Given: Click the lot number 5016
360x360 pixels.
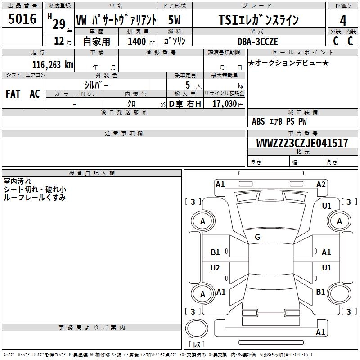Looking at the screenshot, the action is pyautogui.click(x=22, y=19).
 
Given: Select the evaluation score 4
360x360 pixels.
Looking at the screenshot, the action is pyautogui.click(x=343, y=20).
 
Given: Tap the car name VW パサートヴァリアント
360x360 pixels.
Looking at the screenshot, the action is pyautogui.click(x=116, y=20).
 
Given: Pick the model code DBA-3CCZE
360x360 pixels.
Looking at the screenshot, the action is pyautogui.click(x=258, y=41).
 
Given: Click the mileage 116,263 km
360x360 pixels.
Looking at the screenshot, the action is pyautogui.click(x=53, y=64).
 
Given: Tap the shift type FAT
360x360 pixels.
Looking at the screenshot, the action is pyautogui.click(x=13, y=94).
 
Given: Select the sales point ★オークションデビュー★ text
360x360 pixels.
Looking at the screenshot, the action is pyautogui.click(x=288, y=63).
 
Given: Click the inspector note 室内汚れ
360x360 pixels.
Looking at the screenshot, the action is pyautogui.click(x=18, y=181).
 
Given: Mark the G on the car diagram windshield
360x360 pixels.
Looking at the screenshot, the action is pyautogui.click(x=257, y=237).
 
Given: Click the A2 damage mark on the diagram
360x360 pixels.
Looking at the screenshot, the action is pyautogui.click(x=321, y=184).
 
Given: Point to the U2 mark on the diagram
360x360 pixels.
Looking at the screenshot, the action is pyautogui.click(x=215, y=268).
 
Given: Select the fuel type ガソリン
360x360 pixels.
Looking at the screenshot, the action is pyautogui.click(x=175, y=41).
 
